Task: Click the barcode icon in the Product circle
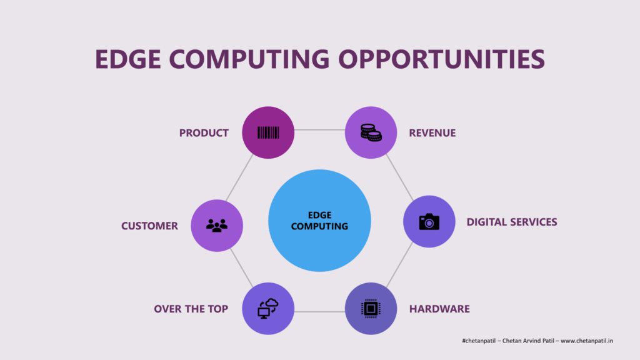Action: point(268,132)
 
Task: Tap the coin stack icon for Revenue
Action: point(371,132)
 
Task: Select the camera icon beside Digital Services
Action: point(429,222)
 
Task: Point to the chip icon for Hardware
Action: point(371,309)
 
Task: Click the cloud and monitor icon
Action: point(267,309)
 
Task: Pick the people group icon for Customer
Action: point(217,225)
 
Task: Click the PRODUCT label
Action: point(204,133)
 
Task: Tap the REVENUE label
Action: point(432,133)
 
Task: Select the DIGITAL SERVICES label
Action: point(512,222)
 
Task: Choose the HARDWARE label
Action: point(439,309)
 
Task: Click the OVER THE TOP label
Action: point(191,309)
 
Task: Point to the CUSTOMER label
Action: point(149,226)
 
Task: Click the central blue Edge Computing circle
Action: point(319,221)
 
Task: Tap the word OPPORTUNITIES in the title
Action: point(442,59)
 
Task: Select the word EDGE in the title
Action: point(127,59)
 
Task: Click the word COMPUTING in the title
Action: point(249,59)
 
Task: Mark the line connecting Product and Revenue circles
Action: point(319,130)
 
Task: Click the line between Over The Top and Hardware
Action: point(319,312)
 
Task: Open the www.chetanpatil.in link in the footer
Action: point(587,341)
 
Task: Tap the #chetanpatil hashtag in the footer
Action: point(479,341)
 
